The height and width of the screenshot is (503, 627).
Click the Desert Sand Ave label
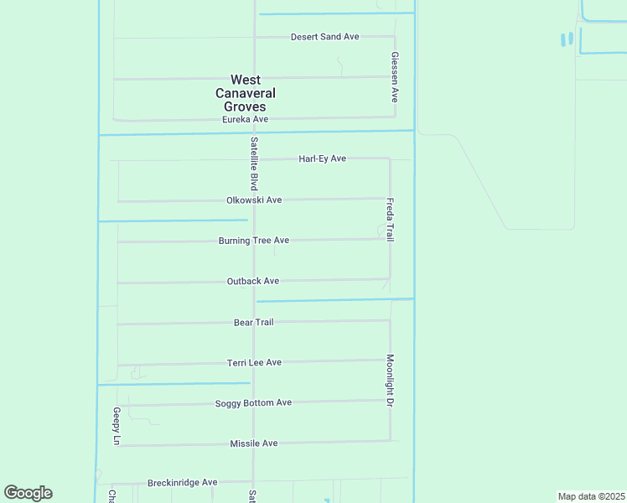pos(324,37)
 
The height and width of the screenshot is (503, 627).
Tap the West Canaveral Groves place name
pos(245,94)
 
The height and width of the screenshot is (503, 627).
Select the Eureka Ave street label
pos(245,120)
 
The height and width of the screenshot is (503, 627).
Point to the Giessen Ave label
pos(394,76)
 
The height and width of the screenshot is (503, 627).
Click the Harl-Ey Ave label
pos(322,158)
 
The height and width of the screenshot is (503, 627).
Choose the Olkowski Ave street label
pos(253,200)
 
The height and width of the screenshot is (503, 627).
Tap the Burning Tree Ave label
pos(253,241)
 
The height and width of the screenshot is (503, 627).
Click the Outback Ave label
pos(252,282)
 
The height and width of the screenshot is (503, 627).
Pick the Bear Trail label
pos(253,322)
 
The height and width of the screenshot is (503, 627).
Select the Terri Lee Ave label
pos(254,362)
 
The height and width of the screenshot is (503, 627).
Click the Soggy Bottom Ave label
pos(253,403)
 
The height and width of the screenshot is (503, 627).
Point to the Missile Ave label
pos(253,443)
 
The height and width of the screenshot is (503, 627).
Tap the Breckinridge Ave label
pos(182,483)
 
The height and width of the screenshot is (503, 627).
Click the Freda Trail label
pos(390,220)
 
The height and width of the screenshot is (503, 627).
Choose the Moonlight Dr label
pos(390,381)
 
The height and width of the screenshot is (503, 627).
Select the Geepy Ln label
pos(117,426)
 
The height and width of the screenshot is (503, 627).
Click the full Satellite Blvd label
pos(252,163)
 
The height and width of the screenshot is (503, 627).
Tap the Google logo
pos(28,493)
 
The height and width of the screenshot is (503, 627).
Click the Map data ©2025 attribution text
pos(590,496)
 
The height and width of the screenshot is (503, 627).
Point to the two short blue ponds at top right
pos(567,39)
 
